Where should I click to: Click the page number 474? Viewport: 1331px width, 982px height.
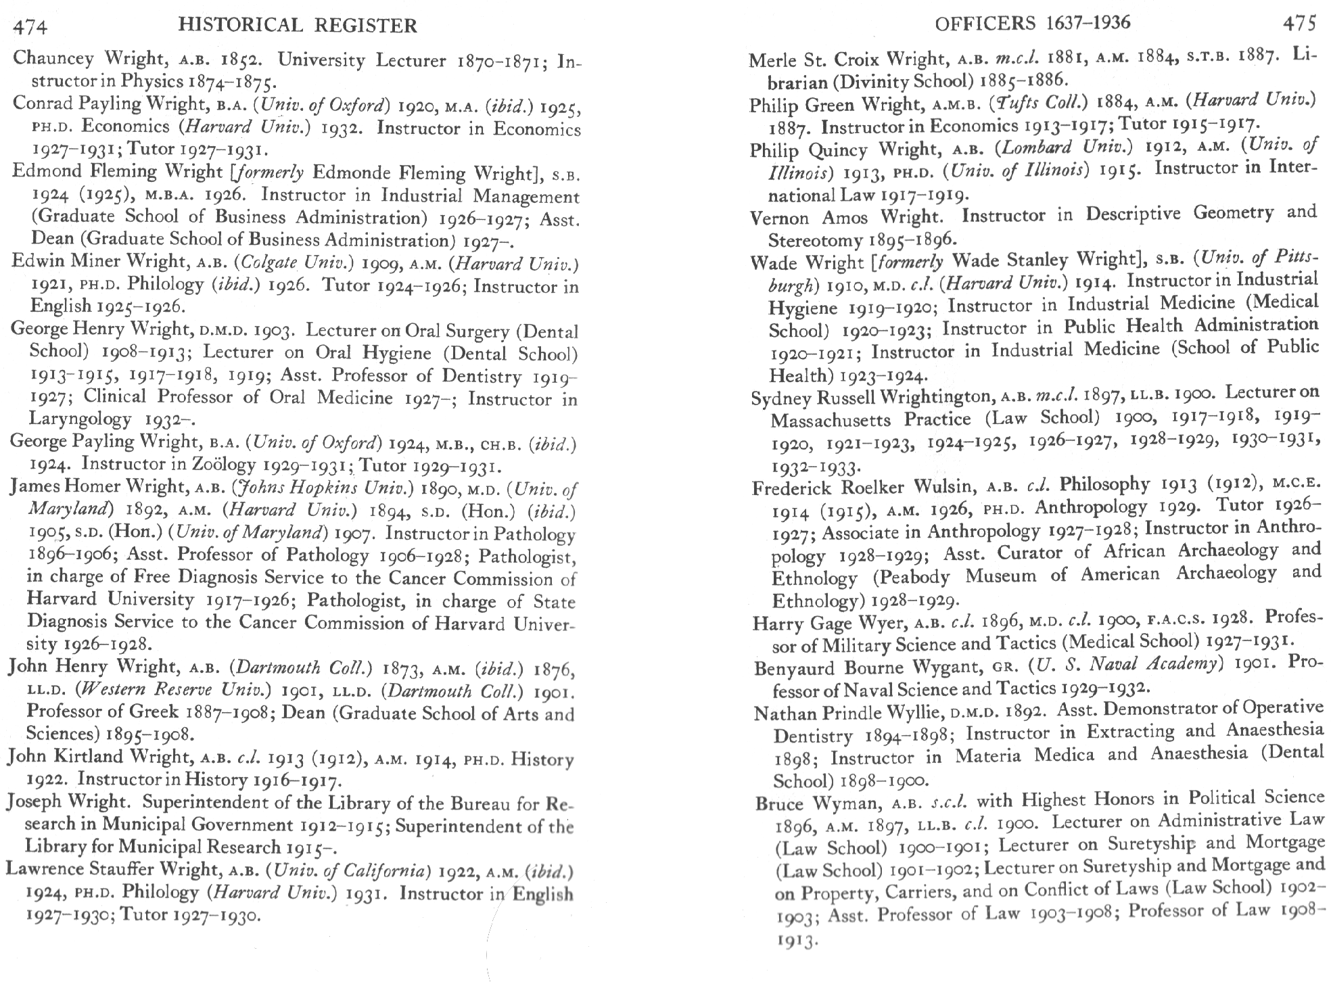tap(30, 27)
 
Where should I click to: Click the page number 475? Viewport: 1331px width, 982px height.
tap(1299, 24)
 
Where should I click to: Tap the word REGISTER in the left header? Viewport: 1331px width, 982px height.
tap(368, 26)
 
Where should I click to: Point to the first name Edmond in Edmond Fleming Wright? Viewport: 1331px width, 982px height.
tap(40, 171)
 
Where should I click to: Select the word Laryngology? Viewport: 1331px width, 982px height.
tap(80, 419)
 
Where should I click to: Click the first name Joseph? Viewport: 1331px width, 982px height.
tap(34, 802)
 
